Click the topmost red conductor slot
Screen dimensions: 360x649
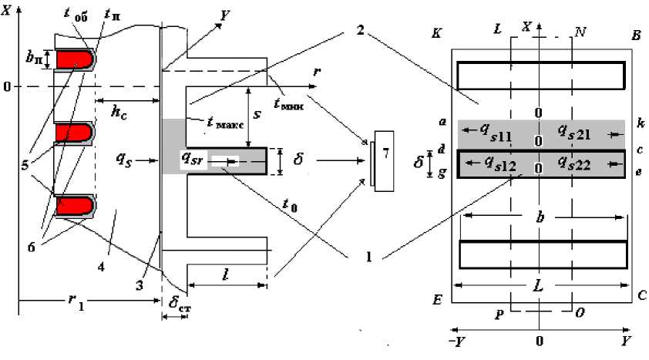pyautogui.click(x=75, y=60)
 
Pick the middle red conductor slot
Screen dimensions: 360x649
pyautogui.click(x=75, y=133)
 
